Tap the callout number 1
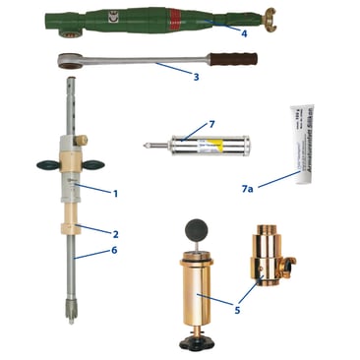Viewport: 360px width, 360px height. pos(115,193)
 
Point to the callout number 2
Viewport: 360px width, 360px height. pos(115,234)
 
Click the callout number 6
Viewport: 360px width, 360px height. pos(116,253)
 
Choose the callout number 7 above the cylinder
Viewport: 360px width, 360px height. pos(210,125)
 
